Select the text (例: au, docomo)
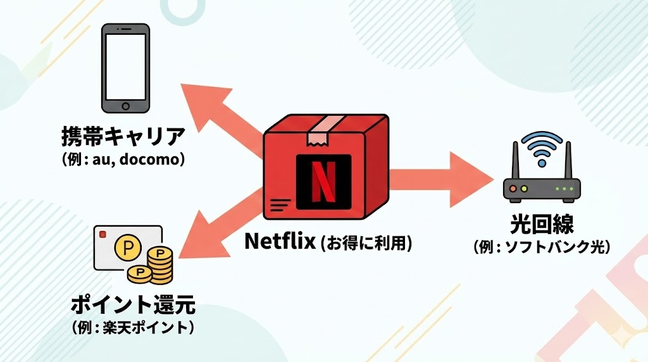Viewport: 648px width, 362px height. (x=123, y=158)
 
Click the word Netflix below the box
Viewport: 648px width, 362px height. (x=279, y=242)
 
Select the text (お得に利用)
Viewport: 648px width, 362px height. (x=366, y=242)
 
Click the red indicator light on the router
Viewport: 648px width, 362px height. (x=516, y=188)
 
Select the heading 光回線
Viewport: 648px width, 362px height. (x=541, y=227)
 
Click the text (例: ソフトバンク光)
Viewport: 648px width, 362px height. (x=541, y=247)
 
